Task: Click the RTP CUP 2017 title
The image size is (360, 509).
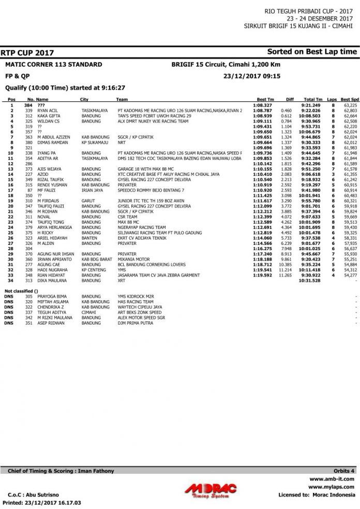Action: pyautogui.click(x=27, y=53)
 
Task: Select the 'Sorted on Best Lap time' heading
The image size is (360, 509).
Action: pyautogui.click(x=312, y=52)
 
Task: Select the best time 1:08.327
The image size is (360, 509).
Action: pyautogui.click(x=263, y=105)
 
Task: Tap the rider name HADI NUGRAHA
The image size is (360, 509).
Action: pyautogui.click(x=51, y=269)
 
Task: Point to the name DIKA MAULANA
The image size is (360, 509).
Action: pyautogui.click(x=51, y=281)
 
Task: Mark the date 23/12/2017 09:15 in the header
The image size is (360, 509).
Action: pyautogui.click(x=244, y=75)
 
